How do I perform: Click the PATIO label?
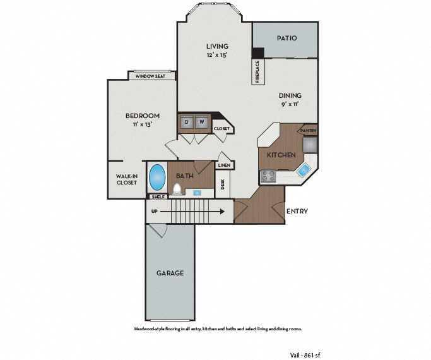tap(286, 39)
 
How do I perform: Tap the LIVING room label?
tap(217, 46)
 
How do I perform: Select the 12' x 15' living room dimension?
tap(217, 55)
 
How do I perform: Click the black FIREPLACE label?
tap(257, 71)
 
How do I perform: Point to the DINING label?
tap(290, 96)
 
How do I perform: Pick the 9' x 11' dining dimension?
tap(290, 105)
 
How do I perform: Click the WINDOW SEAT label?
tap(150, 76)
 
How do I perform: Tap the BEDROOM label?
tap(142, 116)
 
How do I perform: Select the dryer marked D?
tap(187, 123)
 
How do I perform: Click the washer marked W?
tap(202, 123)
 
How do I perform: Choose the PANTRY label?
tap(309, 131)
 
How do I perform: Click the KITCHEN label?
tap(281, 155)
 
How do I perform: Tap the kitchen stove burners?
tap(268, 177)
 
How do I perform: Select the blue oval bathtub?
tap(156, 178)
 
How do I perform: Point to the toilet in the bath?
tap(177, 188)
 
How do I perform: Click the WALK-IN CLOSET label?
tap(127, 179)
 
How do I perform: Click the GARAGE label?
tap(170, 273)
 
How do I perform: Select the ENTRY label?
tap(297, 211)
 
